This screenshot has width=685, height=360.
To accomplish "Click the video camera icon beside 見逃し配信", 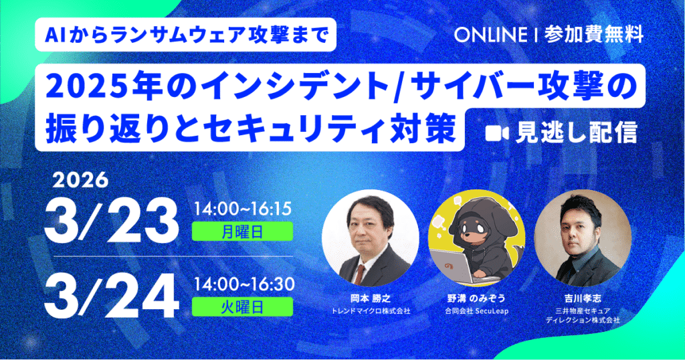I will [494, 133].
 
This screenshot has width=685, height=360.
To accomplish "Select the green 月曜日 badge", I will [242, 231].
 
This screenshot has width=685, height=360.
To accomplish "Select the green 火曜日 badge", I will [242, 306].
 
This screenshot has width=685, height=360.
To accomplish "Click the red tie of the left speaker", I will [362, 272].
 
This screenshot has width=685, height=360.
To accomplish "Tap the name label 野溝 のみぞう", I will [476, 299].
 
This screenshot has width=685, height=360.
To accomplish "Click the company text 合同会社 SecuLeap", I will [476, 311].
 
